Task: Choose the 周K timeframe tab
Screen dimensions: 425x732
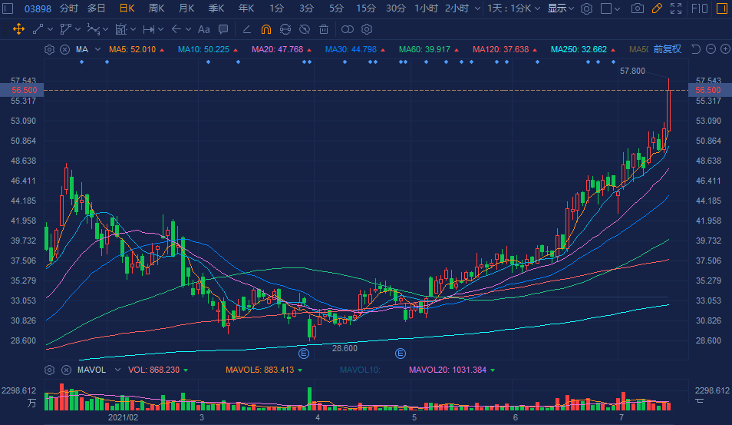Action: [157, 8]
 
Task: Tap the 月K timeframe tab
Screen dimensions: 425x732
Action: [186, 8]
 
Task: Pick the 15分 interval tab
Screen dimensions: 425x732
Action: [366, 8]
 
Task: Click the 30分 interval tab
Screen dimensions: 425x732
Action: [396, 8]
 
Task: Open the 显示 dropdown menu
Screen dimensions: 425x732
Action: [560, 8]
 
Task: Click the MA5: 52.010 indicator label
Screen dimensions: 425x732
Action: [133, 49]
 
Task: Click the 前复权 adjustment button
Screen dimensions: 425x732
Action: [667, 49]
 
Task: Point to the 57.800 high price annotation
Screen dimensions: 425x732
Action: [632, 71]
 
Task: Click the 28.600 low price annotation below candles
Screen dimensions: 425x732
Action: [345, 348]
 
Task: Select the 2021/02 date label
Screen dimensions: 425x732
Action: [123, 417]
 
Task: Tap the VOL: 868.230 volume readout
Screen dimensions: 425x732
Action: [153, 370]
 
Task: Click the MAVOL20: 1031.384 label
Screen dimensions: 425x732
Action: [447, 370]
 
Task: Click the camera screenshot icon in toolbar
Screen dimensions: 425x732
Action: [638, 8]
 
